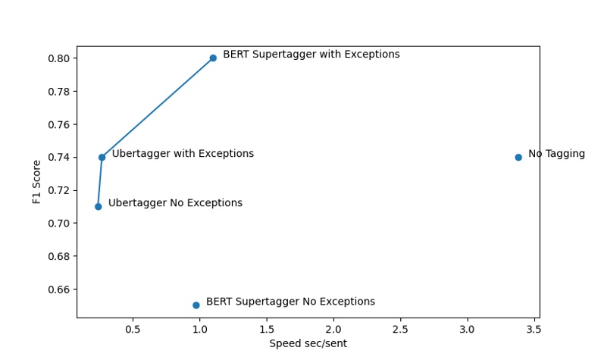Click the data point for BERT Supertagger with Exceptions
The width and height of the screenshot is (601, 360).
tap(213, 58)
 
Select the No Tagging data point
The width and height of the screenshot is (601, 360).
tap(518, 158)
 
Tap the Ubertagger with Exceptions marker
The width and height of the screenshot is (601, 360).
tap(102, 158)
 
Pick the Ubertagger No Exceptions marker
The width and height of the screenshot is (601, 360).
tap(98, 207)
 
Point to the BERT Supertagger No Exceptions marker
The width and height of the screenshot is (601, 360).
tap(196, 305)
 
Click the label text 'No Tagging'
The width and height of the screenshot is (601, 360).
tap(556, 154)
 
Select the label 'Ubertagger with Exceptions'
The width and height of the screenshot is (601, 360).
tap(183, 154)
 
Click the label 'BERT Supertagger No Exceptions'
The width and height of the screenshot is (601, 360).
tap(290, 302)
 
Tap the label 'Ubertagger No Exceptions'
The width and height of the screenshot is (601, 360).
tap(175, 203)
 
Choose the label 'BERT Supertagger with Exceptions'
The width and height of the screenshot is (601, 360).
tap(311, 55)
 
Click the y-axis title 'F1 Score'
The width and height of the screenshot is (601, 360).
tap(36, 181)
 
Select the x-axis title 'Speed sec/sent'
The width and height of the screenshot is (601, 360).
tap(308, 343)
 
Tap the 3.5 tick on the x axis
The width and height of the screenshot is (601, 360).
tap(534, 329)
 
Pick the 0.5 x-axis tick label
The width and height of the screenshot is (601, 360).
tap(133, 329)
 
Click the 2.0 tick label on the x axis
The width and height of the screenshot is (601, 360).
tap(333, 329)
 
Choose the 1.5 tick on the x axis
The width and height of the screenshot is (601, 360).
tap(267, 329)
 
